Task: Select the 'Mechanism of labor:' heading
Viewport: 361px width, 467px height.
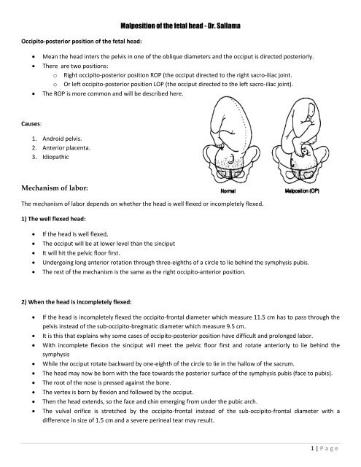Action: coord(55,186)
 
